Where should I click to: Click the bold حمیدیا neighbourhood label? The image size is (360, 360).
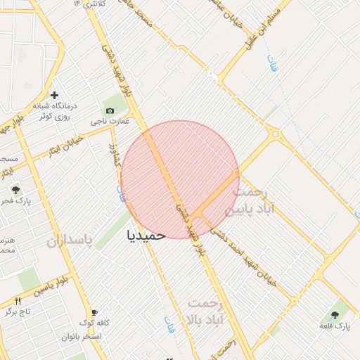click(x=146, y=235)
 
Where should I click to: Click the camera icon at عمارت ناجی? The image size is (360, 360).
click(x=110, y=110)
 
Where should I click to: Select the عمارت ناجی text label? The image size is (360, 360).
click(x=110, y=122)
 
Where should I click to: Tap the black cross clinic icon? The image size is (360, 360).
click(x=53, y=94)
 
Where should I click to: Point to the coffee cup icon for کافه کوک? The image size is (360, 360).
click(x=94, y=312)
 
